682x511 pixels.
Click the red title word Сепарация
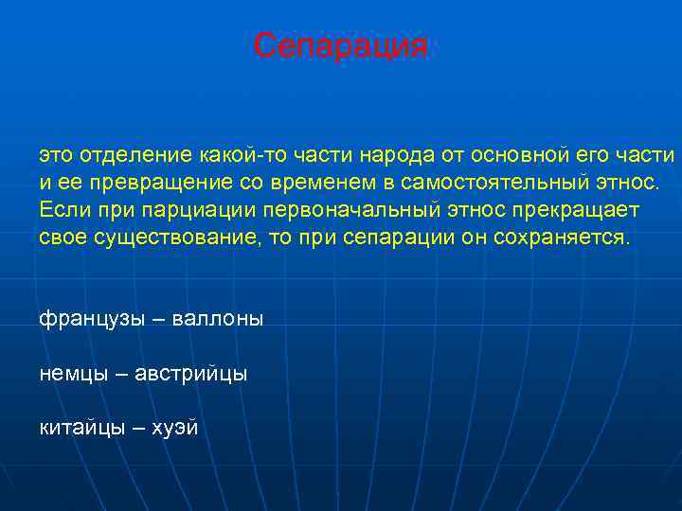click(x=341, y=46)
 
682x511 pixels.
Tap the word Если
click(x=61, y=209)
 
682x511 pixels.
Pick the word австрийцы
click(x=191, y=374)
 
